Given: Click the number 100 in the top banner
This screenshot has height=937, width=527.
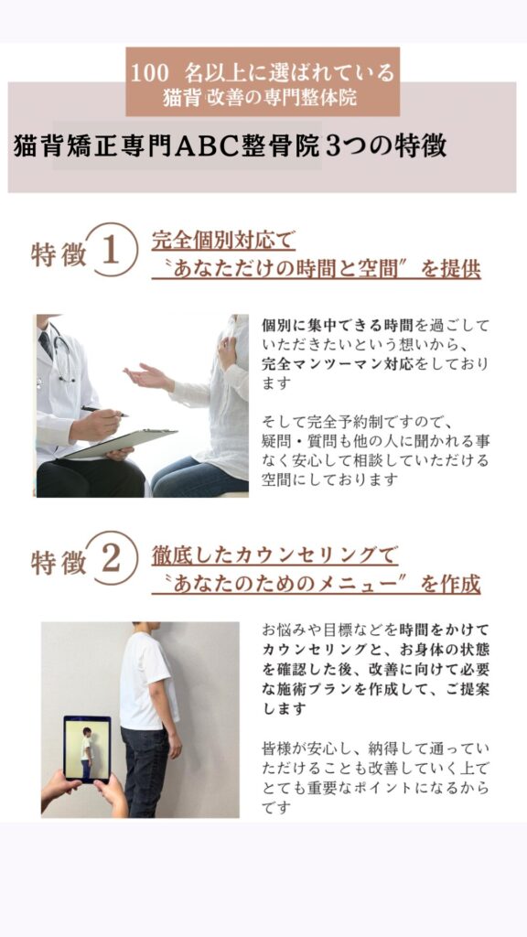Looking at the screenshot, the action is tap(150, 73).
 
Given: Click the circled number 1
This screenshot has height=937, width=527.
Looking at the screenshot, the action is tap(112, 249).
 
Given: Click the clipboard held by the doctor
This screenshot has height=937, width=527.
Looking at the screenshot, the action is tap(120, 444).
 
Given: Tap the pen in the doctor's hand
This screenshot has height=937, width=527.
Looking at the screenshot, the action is tap(104, 411).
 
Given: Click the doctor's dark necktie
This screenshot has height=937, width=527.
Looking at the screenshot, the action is tap(46, 345).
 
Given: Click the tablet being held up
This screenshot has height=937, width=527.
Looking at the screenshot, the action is tap(87, 749).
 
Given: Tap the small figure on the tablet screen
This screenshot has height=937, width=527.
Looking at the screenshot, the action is tap(87, 745).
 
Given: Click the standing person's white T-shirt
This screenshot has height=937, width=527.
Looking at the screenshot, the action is tap(147, 681).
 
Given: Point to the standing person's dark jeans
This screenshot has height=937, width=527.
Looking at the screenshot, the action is tap(146, 770).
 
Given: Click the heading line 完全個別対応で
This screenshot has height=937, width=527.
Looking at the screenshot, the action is tap(223, 241).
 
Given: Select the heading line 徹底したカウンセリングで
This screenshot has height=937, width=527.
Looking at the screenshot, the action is tap(274, 555).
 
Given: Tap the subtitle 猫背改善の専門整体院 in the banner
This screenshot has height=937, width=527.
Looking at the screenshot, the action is tap(260, 99).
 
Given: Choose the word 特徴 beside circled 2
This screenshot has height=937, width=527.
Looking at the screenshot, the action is tap(59, 564).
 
